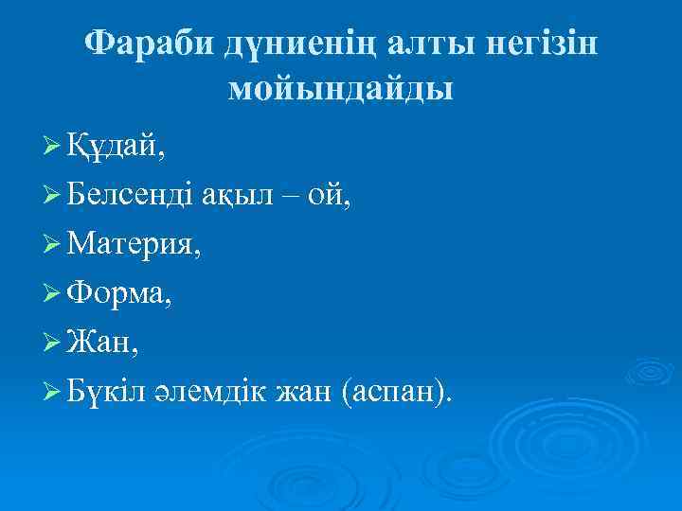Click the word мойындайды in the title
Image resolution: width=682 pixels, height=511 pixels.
click(341, 90)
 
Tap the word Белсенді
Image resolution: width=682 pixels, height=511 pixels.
click(134, 195)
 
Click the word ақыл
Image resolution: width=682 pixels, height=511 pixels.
click(242, 195)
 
